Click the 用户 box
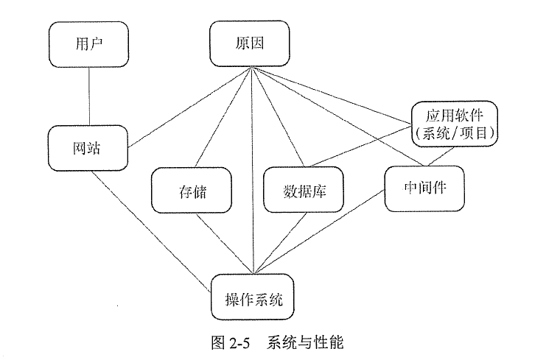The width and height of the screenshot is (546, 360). (x=88, y=43)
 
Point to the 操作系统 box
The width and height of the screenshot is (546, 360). (x=254, y=299)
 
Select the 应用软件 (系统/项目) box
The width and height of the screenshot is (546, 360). (x=454, y=124)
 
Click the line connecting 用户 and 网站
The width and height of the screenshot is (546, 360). (x=88, y=96)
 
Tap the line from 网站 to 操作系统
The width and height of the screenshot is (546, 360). (x=151, y=228)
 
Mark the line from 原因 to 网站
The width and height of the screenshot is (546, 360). (x=190, y=107)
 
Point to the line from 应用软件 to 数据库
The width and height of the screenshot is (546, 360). (x=361, y=144)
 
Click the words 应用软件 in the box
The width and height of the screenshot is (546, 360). (x=454, y=116)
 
